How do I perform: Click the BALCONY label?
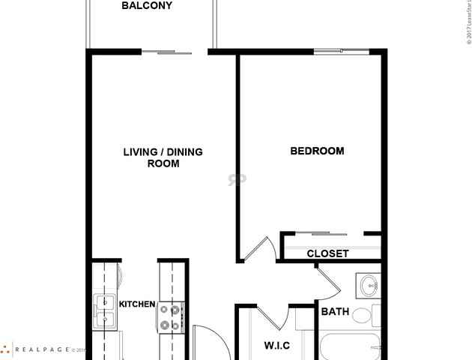147,6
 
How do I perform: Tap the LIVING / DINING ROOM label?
163,157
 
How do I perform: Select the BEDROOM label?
317,151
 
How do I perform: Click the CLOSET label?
327,253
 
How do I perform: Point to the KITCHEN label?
137,304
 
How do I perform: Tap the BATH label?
334,311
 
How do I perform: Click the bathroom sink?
369,286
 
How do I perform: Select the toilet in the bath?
365,315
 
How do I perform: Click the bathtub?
350,349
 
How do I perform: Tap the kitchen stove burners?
171,316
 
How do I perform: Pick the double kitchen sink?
104,312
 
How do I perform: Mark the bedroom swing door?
258,249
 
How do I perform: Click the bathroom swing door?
328,283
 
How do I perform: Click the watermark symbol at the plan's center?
237,179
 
